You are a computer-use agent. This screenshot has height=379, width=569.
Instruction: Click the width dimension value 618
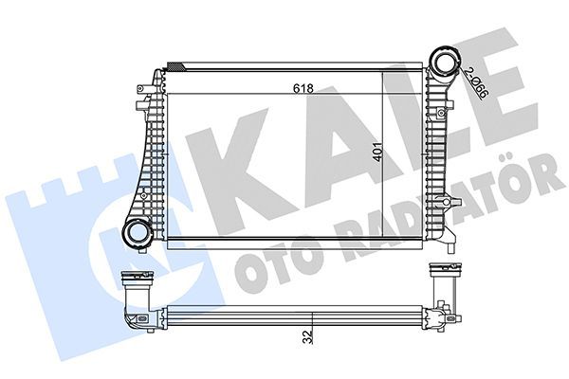(x=303, y=88)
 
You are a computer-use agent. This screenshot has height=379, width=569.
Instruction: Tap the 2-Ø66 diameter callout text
(x=478, y=84)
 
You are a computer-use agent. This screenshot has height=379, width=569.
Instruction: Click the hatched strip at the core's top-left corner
(x=176, y=64)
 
